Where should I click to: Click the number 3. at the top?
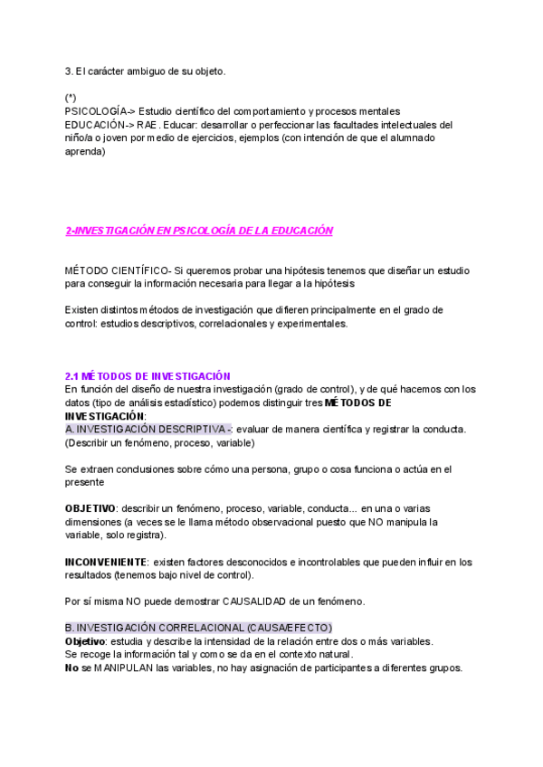(x=69, y=71)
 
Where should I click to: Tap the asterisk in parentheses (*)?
(x=71, y=97)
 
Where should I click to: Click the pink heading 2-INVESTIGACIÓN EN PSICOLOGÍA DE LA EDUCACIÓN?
(x=199, y=231)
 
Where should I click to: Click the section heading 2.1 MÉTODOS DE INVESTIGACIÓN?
(x=148, y=376)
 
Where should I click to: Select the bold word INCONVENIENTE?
(x=102, y=562)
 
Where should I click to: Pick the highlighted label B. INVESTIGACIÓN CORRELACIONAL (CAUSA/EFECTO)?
(x=198, y=628)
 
